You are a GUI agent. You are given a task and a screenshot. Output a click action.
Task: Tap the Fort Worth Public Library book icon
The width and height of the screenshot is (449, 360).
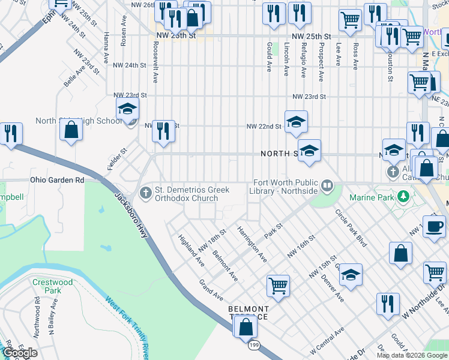[327, 185]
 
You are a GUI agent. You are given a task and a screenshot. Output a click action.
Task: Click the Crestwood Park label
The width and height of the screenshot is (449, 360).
[53, 286]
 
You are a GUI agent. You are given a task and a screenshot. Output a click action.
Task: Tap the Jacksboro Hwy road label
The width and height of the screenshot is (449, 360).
[131, 212]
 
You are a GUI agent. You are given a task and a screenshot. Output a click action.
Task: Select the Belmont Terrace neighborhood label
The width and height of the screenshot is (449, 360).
[247, 313]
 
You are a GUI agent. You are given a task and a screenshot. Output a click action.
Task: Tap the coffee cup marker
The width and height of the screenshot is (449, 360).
[434, 227]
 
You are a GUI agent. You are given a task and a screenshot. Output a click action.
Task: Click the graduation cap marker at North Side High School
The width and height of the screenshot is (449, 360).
[127, 109]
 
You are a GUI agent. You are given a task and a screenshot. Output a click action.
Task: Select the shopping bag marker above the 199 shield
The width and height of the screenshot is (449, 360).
[246, 326]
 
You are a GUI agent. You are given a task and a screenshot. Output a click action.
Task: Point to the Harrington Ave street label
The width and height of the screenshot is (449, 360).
[252, 244]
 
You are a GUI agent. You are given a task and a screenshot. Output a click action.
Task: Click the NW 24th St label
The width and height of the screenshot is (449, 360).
[130, 65]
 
